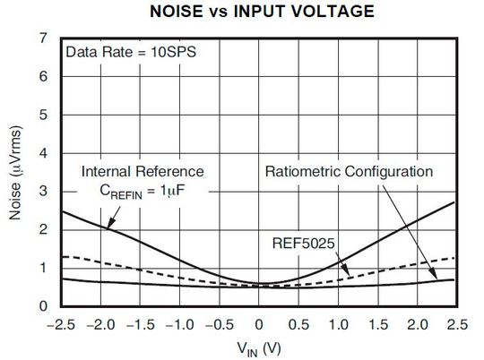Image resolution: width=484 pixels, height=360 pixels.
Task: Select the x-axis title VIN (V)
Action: pyautogui.click(x=259, y=346)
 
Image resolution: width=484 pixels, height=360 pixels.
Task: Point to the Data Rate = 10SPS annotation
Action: pyautogui.click(x=131, y=52)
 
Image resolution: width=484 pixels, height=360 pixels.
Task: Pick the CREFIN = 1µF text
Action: pyautogui.click(x=143, y=190)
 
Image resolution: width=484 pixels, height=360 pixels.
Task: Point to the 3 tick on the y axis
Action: pyautogui.click(x=45, y=192)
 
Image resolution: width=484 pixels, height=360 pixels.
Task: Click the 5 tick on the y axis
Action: pyautogui.click(x=45, y=115)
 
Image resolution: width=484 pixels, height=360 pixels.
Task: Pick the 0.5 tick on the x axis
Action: pyautogui.click(x=298, y=321)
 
